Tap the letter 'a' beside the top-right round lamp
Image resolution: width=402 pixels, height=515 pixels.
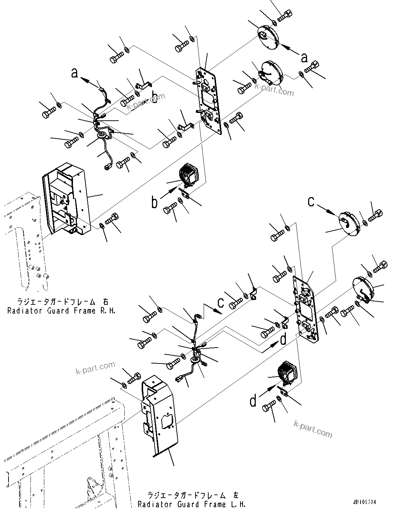click(x=304, y=56)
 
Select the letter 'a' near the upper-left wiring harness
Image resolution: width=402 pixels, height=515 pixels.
click(x=74, y=73)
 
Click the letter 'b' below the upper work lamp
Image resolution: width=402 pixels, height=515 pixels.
click(x=154, y=203)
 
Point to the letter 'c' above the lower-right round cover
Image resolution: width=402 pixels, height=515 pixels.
click(x=311, y=201)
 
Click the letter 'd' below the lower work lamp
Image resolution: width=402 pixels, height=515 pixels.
click(x=253, y=401)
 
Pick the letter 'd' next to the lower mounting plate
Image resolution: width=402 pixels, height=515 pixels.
click(x=283, y=340)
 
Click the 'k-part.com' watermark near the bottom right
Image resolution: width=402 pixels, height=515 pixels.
click(x=313, y=429)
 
